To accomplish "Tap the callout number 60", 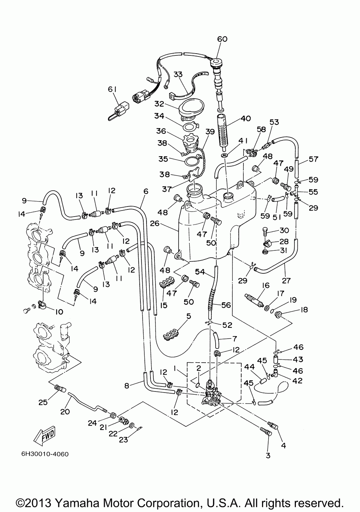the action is click(222, 39).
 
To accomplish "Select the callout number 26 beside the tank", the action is click(154, 223).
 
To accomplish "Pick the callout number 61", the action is click(112, 89).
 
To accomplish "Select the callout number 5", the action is click(189, 316).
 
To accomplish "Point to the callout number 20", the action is click(65, 412).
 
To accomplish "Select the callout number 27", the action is click(286, 280).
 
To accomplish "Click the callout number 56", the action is click(226, 305).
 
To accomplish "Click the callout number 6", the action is click(146, 191).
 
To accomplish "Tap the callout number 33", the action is click(178, 74).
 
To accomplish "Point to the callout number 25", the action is click(43, 402).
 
